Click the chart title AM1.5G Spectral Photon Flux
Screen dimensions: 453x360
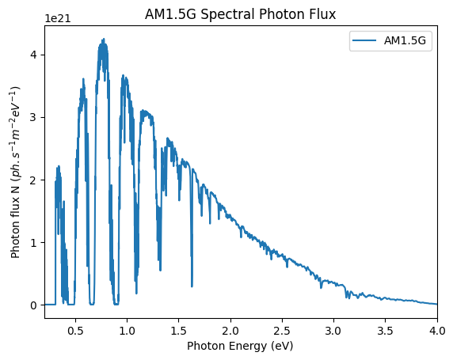(x=241, y=14)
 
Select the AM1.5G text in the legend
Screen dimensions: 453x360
(x=405, y=40)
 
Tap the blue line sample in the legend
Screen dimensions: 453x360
(x=364, y=40)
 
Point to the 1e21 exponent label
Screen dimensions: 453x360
(x=58, y=18)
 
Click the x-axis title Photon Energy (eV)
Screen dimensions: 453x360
(x=240, y=346)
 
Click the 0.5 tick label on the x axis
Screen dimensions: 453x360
(x=75, y=331)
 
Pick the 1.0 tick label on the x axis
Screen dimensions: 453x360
(x=128, y=331)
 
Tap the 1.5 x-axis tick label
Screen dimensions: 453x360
(x=179, y=331)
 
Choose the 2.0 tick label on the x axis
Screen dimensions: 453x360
(x=230, y=331)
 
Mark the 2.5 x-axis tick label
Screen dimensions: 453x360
(x=282, y=331)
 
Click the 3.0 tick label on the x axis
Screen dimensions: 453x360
(x=333, y=331)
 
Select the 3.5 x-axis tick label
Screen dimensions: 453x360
(x=386, y=331)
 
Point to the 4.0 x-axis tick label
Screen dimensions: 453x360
(x=437, y=331)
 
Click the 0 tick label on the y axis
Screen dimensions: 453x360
(x=34, y=305)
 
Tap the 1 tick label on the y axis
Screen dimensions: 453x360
(x=34, y=242)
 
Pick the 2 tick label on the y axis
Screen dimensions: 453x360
(x=34, y=180)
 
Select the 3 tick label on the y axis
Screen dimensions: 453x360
(x=34, y=118)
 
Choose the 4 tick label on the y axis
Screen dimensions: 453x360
(x=34, y=55)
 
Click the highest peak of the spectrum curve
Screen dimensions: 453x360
(x=104, y=39)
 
